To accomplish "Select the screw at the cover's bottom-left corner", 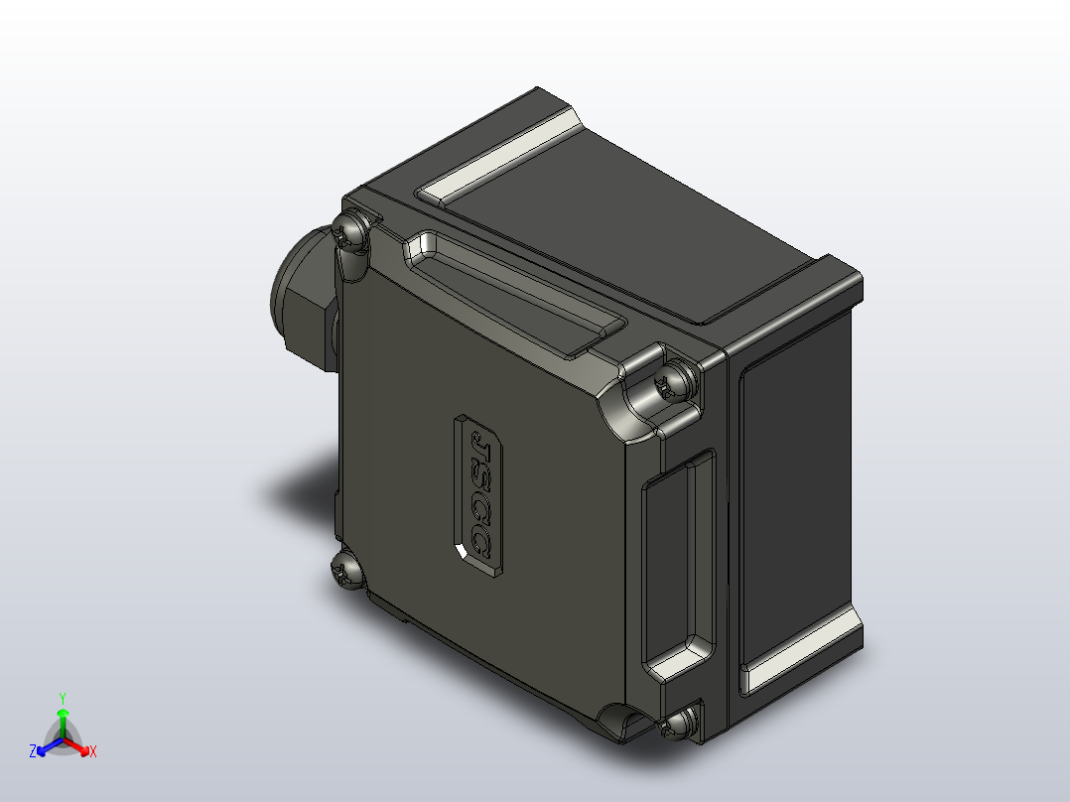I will [347, 571].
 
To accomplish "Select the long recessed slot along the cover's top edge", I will [514, 294].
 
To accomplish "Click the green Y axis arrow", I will [63, 720].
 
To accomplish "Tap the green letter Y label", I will [63, 698].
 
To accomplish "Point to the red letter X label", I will [93, 752].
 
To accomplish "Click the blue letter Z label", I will [33, 752].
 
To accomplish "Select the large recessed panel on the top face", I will [635, 238].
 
